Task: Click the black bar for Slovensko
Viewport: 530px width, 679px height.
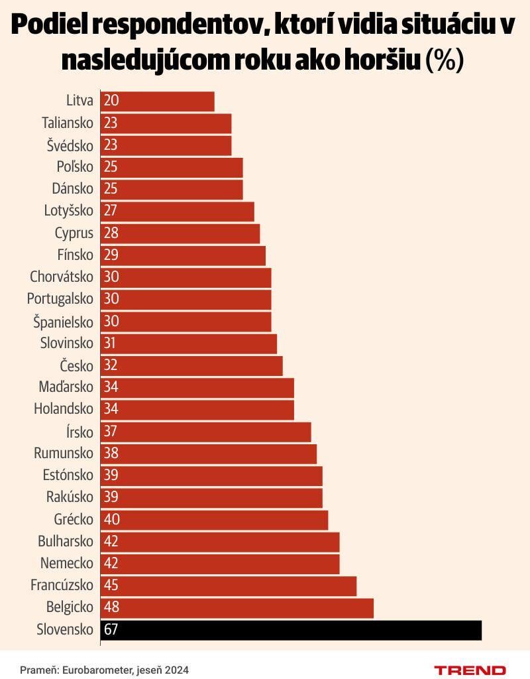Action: click(x=291, y=630)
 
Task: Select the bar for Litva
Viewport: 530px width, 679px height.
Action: click(x=158, y=101)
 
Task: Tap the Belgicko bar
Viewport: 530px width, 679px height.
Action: click(x=237, y=607)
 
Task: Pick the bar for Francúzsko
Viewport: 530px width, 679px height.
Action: click(x=229, y=586)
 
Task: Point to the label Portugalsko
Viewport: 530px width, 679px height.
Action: click(x=60, y=299)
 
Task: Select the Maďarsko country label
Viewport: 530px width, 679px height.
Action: click(x=64, y=387)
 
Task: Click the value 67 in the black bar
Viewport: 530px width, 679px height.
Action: click(x=111, y=630)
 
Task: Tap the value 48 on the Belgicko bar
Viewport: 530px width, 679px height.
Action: click(x=111, y=607)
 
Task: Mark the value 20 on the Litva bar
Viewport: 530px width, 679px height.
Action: click(x=111, y=101)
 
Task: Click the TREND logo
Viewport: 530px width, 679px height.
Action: click(x=470, y=670)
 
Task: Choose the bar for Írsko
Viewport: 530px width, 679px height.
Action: click(x=206, y=432)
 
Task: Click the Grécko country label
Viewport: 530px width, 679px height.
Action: click(x=74, y=519)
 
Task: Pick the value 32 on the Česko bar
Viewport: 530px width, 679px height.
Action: click(x=111, y=365)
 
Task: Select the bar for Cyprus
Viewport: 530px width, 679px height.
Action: click(x=180, y=233)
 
